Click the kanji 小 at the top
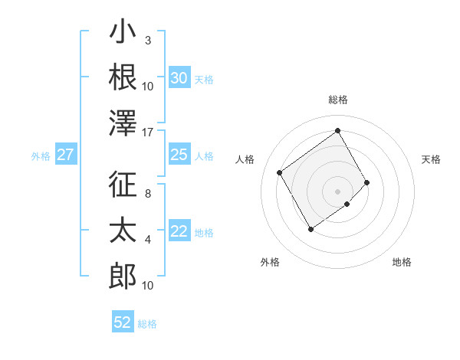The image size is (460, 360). click(x=123, y=35)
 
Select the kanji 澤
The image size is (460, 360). click(x=123, y=123)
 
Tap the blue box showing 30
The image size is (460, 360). click(x=179, y=77)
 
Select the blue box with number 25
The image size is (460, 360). click(x=179, y=155)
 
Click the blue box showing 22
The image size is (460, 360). click(x=179, y=231)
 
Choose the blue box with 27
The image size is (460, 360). click(x=65, y=155)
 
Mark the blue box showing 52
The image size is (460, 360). click(x=123, y=322)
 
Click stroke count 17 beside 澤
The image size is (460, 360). click(x=149, y=132)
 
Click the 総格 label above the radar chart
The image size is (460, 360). click(x=338, y=100)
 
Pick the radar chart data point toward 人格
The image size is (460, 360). click(x=280, y=173)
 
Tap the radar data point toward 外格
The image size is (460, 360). click(x=310, y=229)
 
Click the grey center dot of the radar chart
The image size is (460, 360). click(x=338, y=190)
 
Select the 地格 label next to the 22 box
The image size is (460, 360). click(x=204, y=233)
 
